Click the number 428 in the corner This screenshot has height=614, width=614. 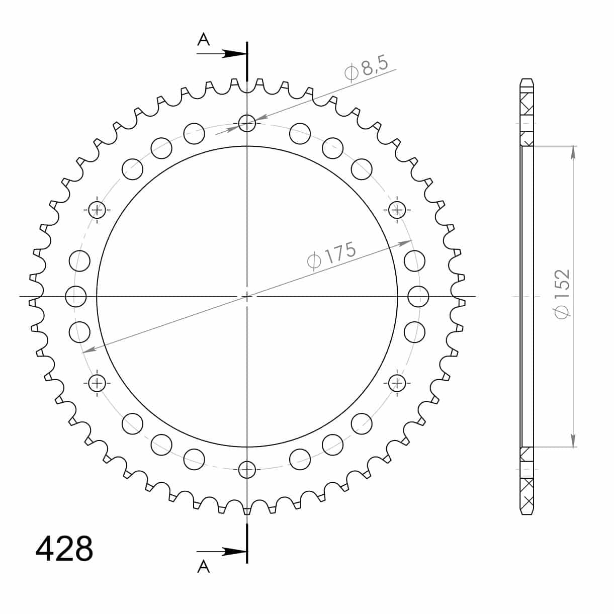click(64, 549)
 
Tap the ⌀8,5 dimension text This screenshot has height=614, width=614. click(366, 68)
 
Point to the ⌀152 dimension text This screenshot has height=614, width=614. click(562, 294)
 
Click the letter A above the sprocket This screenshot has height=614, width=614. click(203, 40)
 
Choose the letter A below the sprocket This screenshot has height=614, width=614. click(203, 567)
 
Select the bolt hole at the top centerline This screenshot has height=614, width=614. click(246, 122)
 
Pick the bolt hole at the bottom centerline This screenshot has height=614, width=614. click(246, 470)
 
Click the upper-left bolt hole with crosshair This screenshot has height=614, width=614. click(97, 210)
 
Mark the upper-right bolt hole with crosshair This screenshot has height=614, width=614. click(397, 210)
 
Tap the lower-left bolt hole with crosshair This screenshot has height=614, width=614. click(97, 383)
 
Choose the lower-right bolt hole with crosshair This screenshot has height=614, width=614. click(397, 383)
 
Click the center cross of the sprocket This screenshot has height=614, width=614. click(246, 296)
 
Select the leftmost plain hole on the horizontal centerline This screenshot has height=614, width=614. click(76, 296)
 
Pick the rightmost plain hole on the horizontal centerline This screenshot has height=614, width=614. click(417, 296)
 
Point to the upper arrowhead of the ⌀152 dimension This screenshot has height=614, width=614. click(573, 151)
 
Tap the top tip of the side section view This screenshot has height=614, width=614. click(527, 79)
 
